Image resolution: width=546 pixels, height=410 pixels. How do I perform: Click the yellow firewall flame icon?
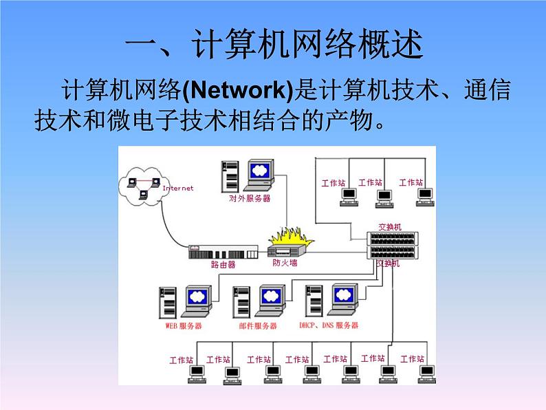[x=289, y=241]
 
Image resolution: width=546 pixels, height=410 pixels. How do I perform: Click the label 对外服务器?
[x=250, y=198]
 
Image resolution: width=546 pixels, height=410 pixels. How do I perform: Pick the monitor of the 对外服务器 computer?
[x=259, y=173]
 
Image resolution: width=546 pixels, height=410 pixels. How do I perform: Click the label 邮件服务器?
[x=259, y=325]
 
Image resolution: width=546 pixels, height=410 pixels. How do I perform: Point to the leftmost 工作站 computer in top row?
[x=349, y=196]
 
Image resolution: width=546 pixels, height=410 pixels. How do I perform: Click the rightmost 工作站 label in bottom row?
[x=412, y=358]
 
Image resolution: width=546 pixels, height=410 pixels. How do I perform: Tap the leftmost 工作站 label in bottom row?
[x=182, y=360]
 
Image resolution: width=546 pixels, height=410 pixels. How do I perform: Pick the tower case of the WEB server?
[x=167, y=303]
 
